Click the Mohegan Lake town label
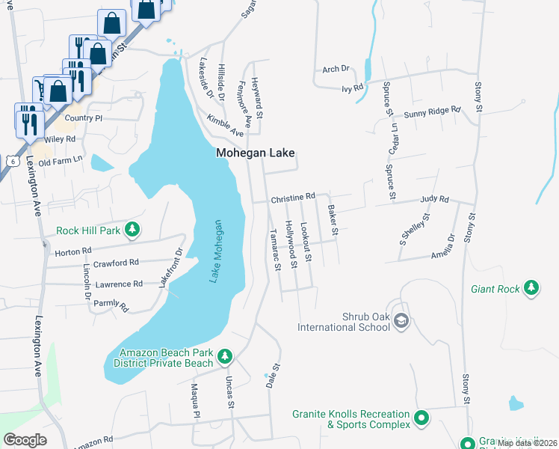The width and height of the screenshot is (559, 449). tap(256, 153)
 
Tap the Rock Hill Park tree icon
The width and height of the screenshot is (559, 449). tap(132, 229)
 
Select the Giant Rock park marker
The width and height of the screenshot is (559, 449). tap(531, 287)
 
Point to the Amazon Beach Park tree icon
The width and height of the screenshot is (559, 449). tap(224, 355)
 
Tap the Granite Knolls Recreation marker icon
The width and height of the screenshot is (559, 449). tap(421, 418)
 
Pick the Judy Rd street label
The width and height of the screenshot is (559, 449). tap(434, 200)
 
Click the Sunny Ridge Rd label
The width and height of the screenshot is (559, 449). tap(432, 112)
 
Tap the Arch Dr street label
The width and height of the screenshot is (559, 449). tap(336, 69)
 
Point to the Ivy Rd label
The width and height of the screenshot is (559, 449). tap(352, 88)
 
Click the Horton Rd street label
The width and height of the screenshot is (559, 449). tap(73, 252)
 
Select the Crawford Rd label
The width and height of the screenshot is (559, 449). tap(111, 263)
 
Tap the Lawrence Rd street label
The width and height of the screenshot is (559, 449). tap(118, 284)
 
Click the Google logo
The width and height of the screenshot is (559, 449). tap(25, 439)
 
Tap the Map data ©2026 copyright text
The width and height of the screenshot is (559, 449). tap(527, 443)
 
